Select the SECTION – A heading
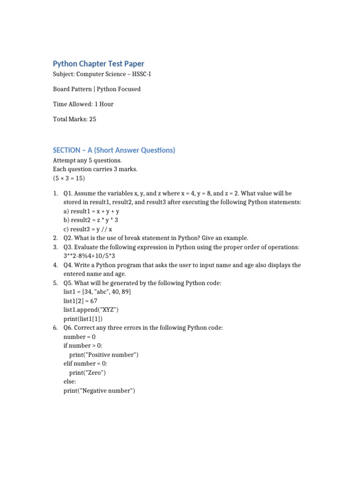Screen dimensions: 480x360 tap(114, 150)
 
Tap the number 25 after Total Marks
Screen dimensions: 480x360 tap(92, 119)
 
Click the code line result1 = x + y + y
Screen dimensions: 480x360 tap(91, 211)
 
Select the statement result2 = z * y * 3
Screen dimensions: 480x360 tap(91, 220)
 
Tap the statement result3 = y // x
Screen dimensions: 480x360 tap(88, 229)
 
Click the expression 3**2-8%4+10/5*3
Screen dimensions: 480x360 tap(90, 256)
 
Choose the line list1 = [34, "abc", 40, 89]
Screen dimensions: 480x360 tap(97, 292)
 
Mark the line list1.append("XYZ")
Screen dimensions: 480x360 tap(91, 310)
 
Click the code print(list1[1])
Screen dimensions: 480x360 tap(83, 319)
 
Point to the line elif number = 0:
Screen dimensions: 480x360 tap(87, 363)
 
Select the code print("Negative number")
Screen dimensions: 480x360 tap(99, 390)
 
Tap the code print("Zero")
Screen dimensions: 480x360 tap(88, 373)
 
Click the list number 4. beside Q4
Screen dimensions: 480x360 tap(55, 265)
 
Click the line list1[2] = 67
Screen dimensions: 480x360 tap(80, 301)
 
